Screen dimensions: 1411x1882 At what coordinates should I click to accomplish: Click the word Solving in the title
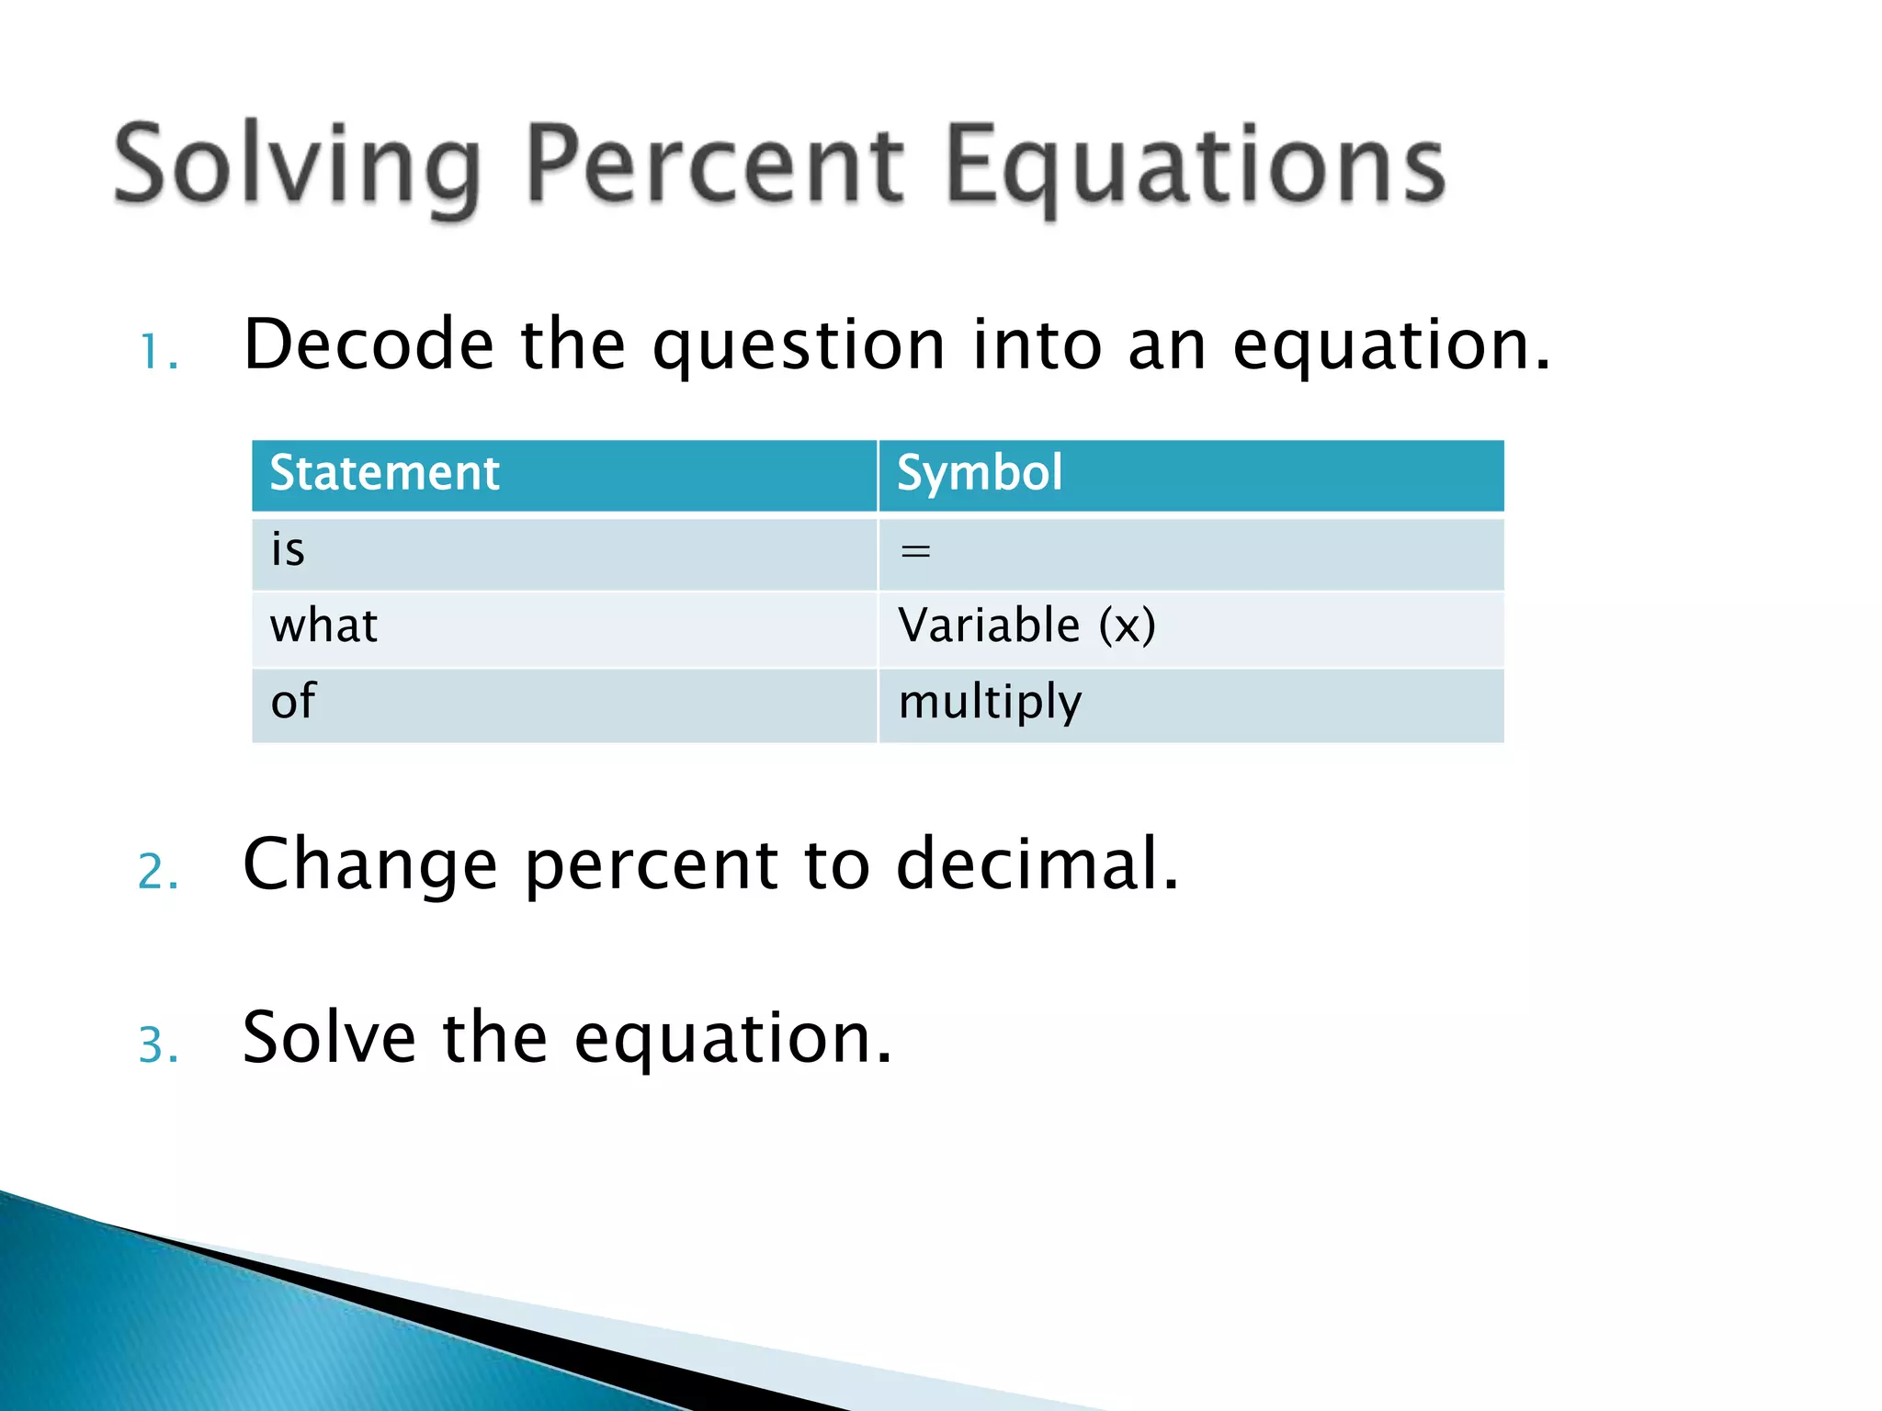(297, 166)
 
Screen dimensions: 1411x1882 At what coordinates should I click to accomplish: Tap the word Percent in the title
(716, 166)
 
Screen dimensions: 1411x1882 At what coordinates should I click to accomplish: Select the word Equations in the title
(1195, 166)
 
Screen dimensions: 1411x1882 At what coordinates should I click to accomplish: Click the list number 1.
(157, 353)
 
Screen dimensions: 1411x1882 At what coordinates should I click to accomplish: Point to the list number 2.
(158, 872)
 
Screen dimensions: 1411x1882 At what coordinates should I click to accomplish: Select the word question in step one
(799, 347)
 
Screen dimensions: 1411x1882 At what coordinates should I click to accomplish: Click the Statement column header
(384, 474)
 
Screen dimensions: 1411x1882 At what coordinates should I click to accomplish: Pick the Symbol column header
(980, 474)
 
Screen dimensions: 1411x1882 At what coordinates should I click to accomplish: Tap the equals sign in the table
(915, 552)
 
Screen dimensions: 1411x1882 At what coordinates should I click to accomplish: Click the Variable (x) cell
(1026, 626)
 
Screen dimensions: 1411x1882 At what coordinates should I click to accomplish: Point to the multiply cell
(990, 703)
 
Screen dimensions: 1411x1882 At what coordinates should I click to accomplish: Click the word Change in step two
(370, 865)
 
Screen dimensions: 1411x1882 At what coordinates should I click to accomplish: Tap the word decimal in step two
(1037, 865)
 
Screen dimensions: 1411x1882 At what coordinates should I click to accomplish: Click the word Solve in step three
(329, 1038)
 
